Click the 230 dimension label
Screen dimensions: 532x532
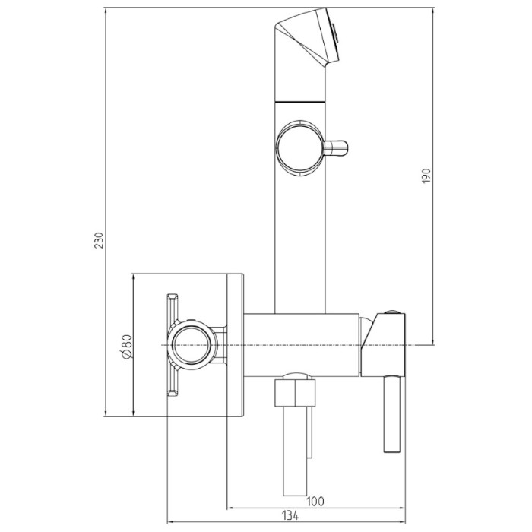click(x=99, y=240)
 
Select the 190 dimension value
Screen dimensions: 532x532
click(x=426, y=176)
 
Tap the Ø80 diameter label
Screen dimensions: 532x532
click(x=126, y=346)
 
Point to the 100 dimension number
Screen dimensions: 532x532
click(x=315, y=501)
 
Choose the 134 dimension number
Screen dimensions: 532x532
click(x=290, y=516)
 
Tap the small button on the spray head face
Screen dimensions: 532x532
click(x=334, y=33)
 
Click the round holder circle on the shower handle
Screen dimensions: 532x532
click(x=299, y=148)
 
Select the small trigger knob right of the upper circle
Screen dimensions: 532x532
click(x=336, y=148)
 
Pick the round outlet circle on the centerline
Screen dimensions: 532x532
click(x=191, y=345)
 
